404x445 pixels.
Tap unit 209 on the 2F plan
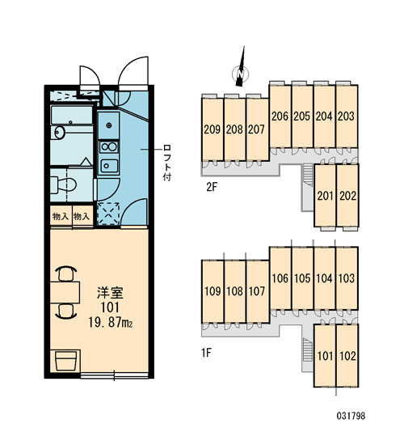pos(213,129)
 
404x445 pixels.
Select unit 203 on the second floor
pos(347,116)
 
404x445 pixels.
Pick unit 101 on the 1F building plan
pos(325,356)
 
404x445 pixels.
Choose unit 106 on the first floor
pos(280,278)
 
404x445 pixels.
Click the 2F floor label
pos(212,188)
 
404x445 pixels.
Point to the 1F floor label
pos(206,353)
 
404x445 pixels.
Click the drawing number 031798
pos(351,416)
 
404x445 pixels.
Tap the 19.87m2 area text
pos(110,323)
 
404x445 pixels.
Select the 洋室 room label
pos(110,293)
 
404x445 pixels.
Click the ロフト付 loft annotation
pos(167,163)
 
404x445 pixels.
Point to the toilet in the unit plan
pos(64,184)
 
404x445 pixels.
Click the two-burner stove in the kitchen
pos(109,147)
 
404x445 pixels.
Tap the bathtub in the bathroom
pos(72,115)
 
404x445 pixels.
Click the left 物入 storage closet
pos(61,217)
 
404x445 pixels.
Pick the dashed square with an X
pos(108,214)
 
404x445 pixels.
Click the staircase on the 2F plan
pos(308,175)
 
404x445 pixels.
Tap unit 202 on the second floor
pos(347,196)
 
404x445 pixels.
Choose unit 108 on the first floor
pos(235,291)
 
